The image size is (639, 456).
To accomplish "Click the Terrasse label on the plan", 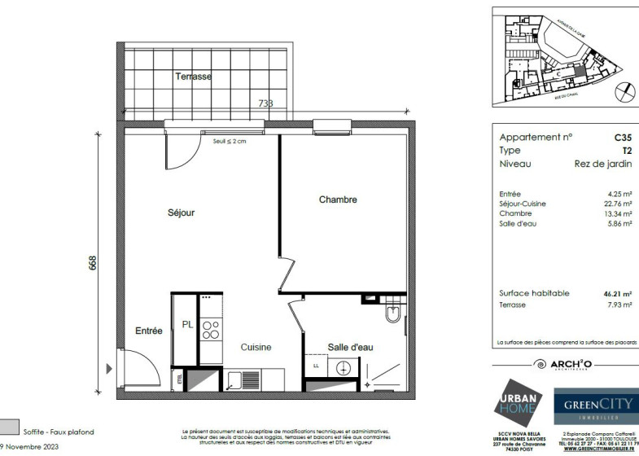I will (x=193, y=77).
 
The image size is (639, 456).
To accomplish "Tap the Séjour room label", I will (x=181, y=213).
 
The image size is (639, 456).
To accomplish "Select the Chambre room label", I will (x=338, y=199).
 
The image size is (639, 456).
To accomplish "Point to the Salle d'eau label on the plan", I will (x=350, y=348).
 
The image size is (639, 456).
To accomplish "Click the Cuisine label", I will (x=256, y=348).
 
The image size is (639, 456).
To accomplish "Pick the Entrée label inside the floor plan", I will (x=149, y=331).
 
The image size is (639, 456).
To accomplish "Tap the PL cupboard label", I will (x=187, y=324).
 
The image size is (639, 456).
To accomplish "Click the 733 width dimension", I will (x=265, y=103).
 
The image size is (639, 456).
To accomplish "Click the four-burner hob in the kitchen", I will (x=211, y=328).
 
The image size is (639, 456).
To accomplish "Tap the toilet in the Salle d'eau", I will (x=394, y=313).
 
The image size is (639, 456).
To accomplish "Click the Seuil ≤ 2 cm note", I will (x=229, y=142).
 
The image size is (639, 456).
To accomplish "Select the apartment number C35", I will (x=623, y=138).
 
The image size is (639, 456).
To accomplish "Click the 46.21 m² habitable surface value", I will (x=620, y=294).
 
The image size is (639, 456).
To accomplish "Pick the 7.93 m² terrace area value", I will (x=622, y=305).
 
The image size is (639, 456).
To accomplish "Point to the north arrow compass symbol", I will (x=623, y=90).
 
